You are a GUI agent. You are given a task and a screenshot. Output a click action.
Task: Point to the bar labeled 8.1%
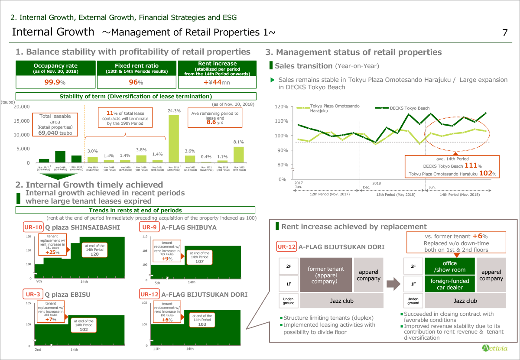tap(239, 154)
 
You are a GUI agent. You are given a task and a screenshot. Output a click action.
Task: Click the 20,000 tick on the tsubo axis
tap(22, 107)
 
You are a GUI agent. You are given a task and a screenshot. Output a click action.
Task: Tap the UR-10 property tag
tap(33, 227)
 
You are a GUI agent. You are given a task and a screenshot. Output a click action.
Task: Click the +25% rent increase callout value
tap(52, 252)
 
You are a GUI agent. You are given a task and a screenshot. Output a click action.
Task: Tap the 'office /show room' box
tap(449, 266)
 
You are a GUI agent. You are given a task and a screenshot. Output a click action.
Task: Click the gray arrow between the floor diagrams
tap(392, 284)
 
